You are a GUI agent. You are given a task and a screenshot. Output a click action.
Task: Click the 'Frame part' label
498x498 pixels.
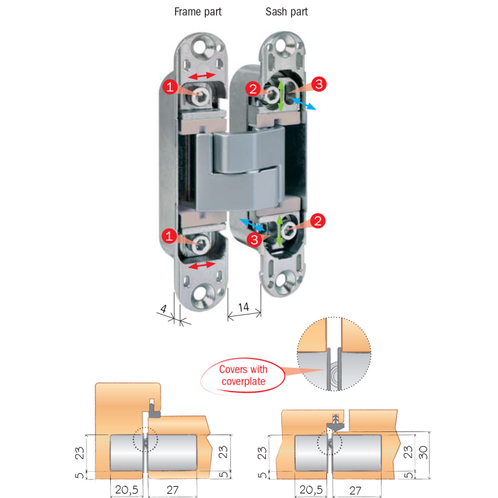click(x=198, y=12)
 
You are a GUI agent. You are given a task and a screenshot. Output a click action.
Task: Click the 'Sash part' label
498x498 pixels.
click(x=286, y=12)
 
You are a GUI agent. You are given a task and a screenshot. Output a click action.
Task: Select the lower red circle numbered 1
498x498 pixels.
click(x=168, y=236)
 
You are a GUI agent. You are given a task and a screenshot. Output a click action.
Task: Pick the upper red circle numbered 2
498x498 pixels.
click(x=253, y=89)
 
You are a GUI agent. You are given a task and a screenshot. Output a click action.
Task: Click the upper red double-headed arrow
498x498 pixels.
click(x=202, y=75)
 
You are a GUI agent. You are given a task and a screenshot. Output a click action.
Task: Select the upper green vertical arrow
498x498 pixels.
click(x=281, y=95)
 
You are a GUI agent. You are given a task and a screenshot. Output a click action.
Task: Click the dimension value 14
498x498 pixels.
click(x=243, y=307)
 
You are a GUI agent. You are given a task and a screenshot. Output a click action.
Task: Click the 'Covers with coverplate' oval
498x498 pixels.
click(x=242, y=375)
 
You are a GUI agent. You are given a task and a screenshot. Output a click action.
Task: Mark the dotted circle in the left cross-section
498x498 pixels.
click(x=146, y=441)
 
